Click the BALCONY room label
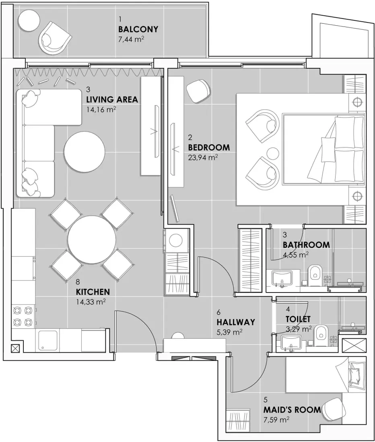coord(138,29)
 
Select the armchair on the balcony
coord(54,38)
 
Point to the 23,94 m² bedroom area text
coord(203,158)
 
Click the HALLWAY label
coord(236,322)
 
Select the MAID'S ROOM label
coord(292,410)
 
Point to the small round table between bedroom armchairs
coord(273,153)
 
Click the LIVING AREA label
coord(112,100)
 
